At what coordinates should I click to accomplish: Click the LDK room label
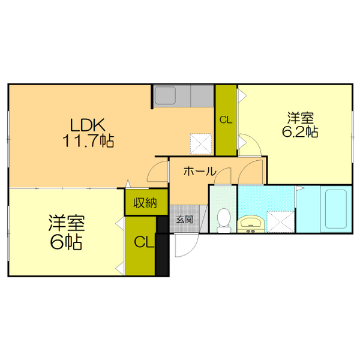tap(88, 125)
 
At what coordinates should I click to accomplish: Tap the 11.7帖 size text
tap(88, 142)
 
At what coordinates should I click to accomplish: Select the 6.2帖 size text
tap(301, 132)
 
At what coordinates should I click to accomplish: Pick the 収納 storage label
tap(145, 203)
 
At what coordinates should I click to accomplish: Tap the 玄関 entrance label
tap(184, 220)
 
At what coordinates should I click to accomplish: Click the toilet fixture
tap(223, 220)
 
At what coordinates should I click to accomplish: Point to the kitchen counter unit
tap(183, 96)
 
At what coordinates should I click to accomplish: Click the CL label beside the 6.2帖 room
tap(226, 120)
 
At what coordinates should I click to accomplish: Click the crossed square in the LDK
tap(199, 143)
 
